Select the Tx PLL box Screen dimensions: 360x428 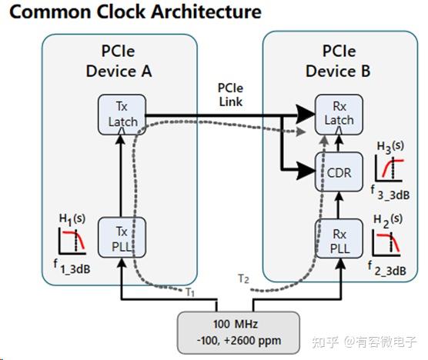click(x=120, y=236)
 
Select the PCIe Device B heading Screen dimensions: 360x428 click(x=338, y=62)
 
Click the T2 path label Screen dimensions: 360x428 click(x=244, y=279)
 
